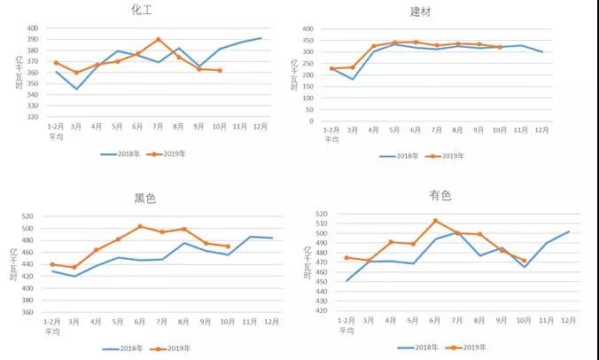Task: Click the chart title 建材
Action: tap(422, 12)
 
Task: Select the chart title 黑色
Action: tap(145, 199)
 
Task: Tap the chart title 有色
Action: tap(440, 195)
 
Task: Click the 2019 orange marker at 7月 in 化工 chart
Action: tap(158, 39)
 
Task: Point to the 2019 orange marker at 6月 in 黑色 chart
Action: tap(139, 226)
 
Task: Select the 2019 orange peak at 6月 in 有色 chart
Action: tap(435, 221)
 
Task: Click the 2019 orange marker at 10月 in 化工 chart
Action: tap(220, 70)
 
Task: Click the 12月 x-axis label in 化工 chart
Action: tap(261, 127)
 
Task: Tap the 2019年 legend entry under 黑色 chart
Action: tap(172, 348)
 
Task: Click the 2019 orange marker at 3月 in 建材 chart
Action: tap(352, 67)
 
